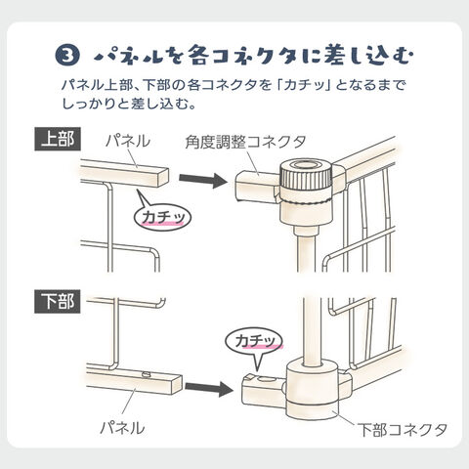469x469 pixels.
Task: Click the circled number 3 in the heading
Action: pyautogui.click(x=67, y=55)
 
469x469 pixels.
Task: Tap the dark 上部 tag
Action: pyautogui.click(x=58, y=140)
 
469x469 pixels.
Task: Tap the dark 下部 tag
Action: pyautogui.click(x=58, y=302)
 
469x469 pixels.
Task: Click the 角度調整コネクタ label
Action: pyautogui.click(x=246, y=142)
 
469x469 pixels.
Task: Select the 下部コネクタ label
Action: pyautogui.click(x=403, y=430)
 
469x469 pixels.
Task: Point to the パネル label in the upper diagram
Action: pyautogui.click(x=128, y=141)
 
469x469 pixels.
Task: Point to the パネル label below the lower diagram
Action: pyautogui.click(x=122, y=427)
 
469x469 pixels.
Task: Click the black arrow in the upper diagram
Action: pyautogui.click(x=203, y=179)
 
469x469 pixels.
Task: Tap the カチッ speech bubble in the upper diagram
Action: pyautogui.click(x=162, y=217)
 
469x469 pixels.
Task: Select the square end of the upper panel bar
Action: pyautogui.click(x=163, y=177)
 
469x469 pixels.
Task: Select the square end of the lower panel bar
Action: pyautogui.click(x=177, y=384)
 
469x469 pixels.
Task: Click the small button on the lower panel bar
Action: pyautogui.click(x=146, y=374)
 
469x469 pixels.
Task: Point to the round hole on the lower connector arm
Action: pyautogui.click(x=265, y=379)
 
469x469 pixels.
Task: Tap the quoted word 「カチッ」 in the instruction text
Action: pyautogui.click(x=305, y=85)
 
